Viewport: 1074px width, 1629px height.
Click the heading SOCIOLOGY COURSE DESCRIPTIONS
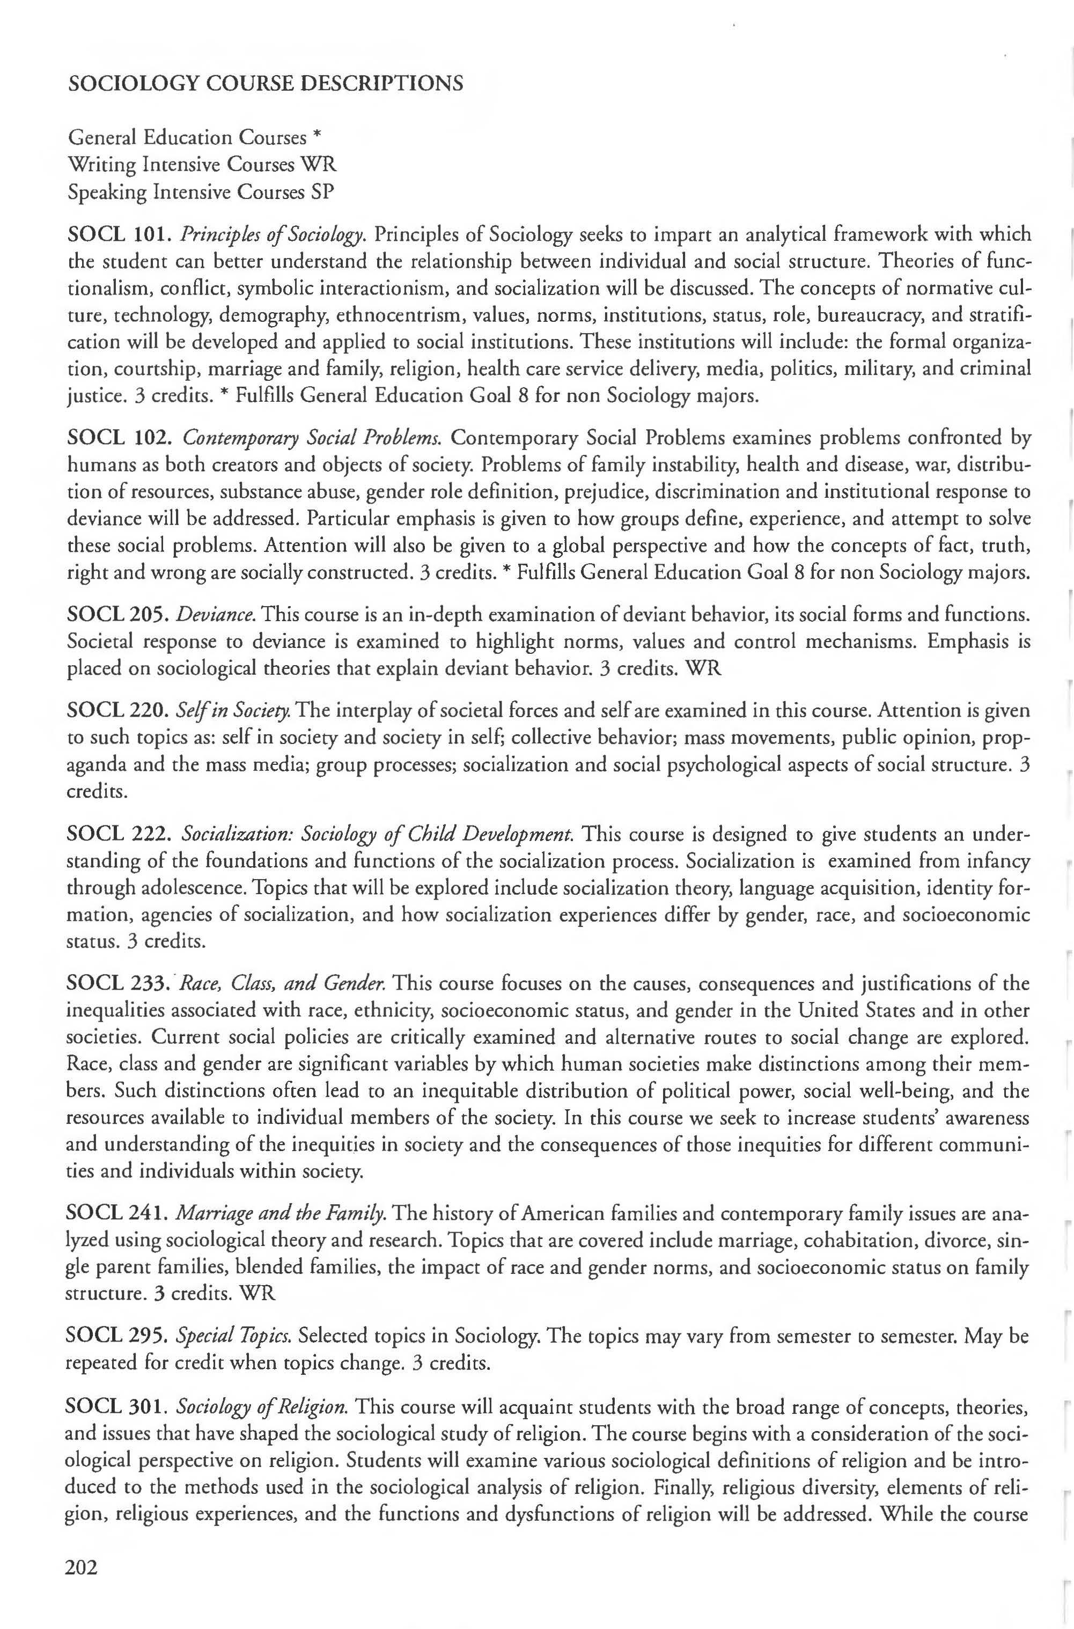tap(266, 84)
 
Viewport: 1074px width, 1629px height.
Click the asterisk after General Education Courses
tap(316, 137)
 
